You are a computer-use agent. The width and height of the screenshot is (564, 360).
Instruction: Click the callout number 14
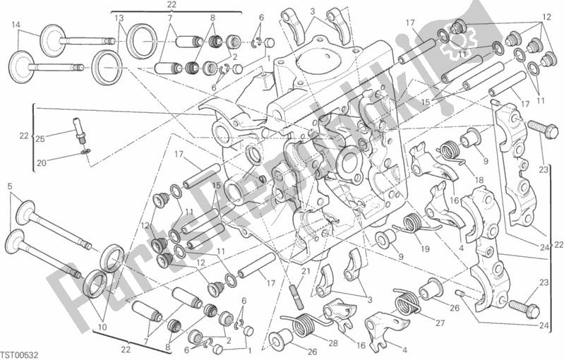(x=16, y=25)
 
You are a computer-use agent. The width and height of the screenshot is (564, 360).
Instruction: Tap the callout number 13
(x=119, y=18)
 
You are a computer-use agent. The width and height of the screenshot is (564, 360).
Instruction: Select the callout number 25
(x=40, y=139)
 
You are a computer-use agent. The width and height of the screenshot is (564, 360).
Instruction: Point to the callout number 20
(x=42, y=163)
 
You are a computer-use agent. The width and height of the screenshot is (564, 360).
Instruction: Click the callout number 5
(x=10, y=186)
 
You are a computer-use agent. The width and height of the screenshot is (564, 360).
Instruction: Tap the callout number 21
(x=306, y=272)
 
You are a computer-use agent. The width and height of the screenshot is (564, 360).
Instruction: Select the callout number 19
(x=425, y=248)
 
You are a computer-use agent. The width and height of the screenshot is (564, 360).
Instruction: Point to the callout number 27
(x=440, y=323)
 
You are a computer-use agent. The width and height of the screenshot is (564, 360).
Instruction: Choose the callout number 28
(x=333, y=344)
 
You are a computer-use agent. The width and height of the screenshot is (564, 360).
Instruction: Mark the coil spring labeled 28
(x=305, y=323)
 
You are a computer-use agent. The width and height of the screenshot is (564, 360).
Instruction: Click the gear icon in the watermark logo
(x=461, y=40)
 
